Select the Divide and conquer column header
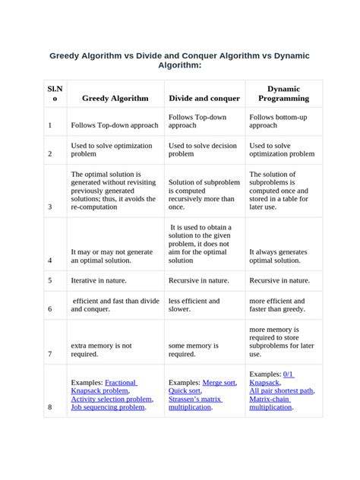pos(204,98)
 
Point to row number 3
pos(50,206)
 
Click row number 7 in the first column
pos(50,354)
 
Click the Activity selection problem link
pos(112,399)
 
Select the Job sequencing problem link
pos(107,407)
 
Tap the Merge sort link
pos(219,382)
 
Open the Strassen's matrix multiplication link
pos(195,403)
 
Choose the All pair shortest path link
pos(281,390)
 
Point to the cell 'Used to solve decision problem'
pos(203,149)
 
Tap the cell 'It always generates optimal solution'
pos(278,255)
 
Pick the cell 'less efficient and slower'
pos(194,305)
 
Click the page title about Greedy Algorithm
pos(179,61)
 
